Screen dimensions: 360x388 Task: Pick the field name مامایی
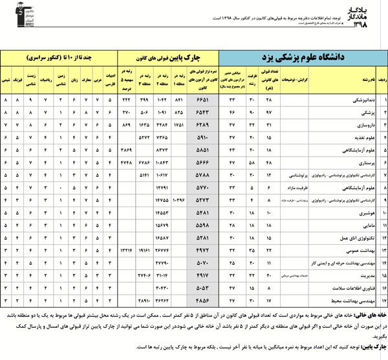tap(359, 225)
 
